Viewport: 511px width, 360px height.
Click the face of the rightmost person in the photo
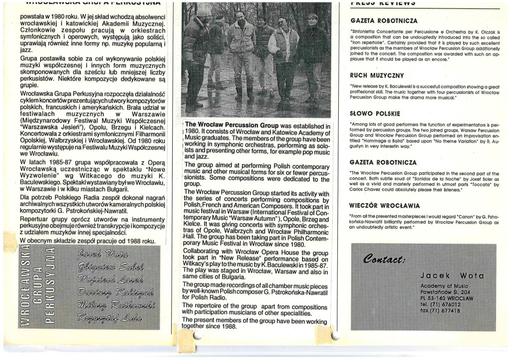click(x=313, y=20)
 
